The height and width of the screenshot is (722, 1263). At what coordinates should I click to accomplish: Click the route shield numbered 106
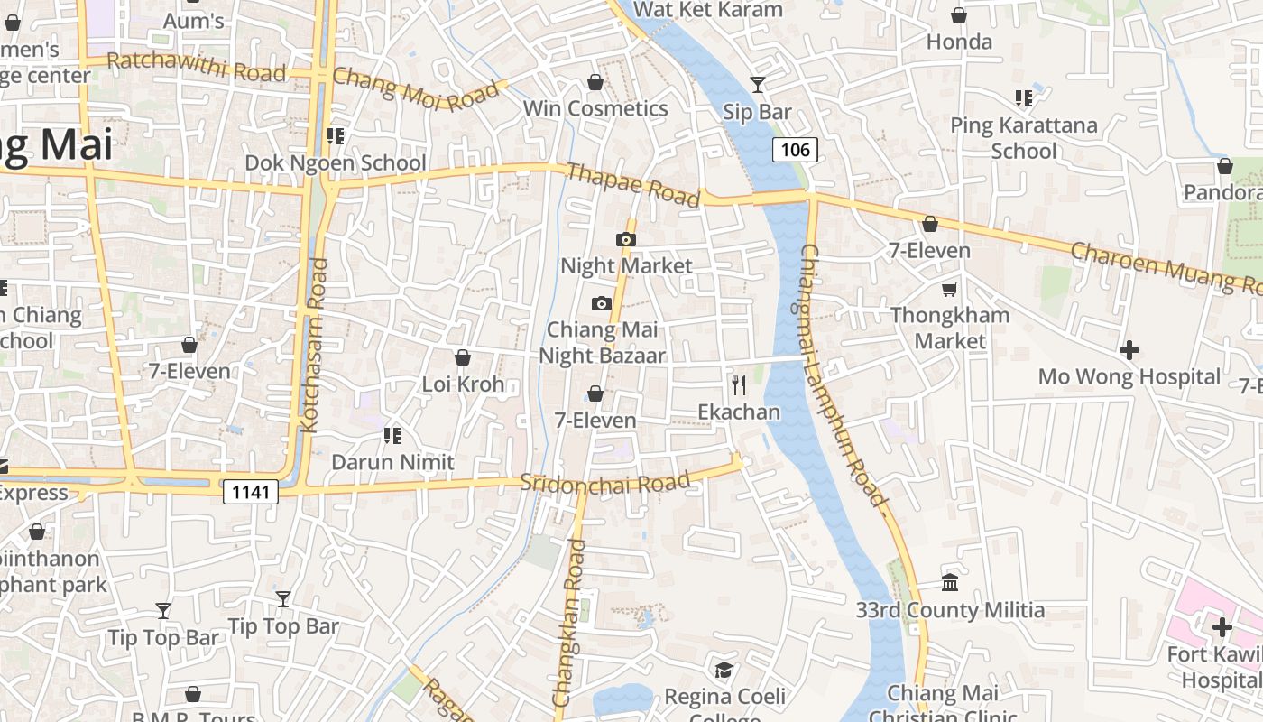click(x=795, y=150)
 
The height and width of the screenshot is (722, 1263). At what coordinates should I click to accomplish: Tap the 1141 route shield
click(x=251, y=492)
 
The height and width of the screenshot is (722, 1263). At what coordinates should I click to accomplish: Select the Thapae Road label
click(x=632, y=185)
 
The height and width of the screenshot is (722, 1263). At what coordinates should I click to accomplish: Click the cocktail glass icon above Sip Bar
click(x=757, y=85)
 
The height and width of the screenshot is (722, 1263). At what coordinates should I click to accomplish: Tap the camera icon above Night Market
click(x=625, y=239)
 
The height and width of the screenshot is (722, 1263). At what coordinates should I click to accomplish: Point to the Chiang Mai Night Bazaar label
click(x=602, y=342)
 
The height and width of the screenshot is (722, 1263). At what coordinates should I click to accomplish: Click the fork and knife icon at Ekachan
click(x=739, y=385)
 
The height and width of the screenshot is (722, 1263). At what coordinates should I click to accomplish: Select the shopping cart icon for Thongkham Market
click(x=949, y=289)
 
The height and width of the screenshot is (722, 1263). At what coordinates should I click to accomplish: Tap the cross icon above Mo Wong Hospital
click(x=1129, y=349)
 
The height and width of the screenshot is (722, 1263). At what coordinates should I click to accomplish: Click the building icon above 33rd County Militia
click(x=950, y=582)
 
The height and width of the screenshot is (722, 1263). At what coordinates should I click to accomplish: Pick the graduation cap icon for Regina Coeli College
click(x=724, y=670)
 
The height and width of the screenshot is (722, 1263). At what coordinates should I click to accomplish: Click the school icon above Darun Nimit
click(x=392, y=436)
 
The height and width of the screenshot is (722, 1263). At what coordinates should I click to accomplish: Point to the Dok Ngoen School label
click(x=336, y=162)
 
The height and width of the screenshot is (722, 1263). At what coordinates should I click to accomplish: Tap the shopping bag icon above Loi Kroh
click(x=463, y=357)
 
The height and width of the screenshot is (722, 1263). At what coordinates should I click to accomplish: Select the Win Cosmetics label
click(x=595, y=108)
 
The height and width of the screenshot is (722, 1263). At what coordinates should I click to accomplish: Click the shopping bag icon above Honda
click(x=959, y=15)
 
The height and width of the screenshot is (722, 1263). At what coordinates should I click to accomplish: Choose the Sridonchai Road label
click(x=605, y=483)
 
